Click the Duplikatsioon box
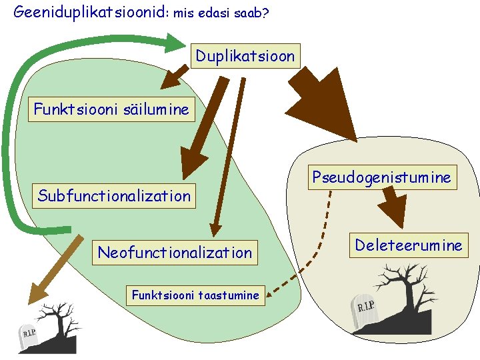pos(245,56)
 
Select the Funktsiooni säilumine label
pos(111,109)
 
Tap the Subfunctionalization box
pos(114,196)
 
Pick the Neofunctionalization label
pos(175,253)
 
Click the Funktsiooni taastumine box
pos(195,295)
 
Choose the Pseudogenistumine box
pos(382,177)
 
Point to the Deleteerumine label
pos(408,245)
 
